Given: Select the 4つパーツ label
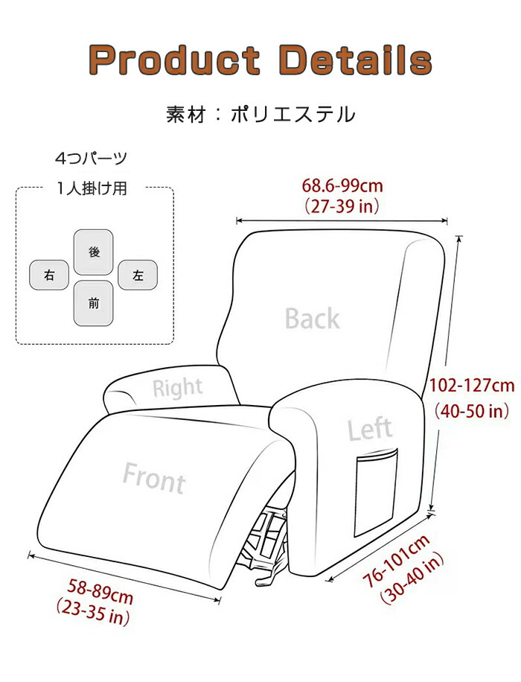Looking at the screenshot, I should click(92, 159).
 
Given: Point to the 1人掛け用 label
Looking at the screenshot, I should click(92, 188).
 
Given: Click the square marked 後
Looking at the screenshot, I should click(94, 252).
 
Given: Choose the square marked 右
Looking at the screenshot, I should click(50, 276).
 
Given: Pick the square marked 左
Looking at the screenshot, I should click(138, 276).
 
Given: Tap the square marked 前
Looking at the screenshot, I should click(94, 303).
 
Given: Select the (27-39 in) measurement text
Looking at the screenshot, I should click(342, 205).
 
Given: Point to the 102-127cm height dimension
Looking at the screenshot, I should click(473, 386).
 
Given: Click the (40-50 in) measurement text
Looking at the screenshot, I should click(472, 410).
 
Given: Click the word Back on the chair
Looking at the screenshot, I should click(313, 319).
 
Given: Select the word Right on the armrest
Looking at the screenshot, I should click(177, 387).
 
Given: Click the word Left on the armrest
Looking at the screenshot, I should click(370, 430).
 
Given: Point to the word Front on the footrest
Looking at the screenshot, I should click(154, 477).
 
